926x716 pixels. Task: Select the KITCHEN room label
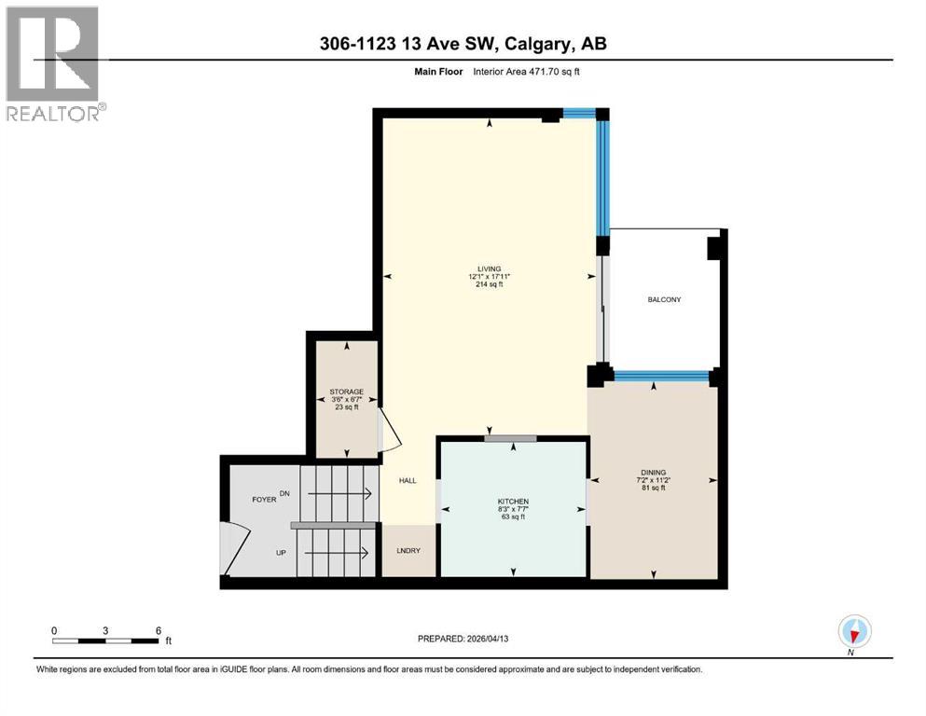tap(512, 502)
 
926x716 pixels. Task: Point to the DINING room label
tap(653, 472)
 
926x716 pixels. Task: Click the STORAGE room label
tap(346, 392)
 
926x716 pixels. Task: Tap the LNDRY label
tap(408, 550)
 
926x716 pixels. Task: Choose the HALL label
tap(408, 481)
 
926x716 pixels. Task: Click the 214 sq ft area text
tap(490, 285)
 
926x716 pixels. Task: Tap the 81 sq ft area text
tap(653, 489)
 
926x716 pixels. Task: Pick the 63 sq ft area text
tap(512, 517)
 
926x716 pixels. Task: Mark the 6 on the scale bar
tap(159, 630)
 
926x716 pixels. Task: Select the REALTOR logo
tap(54, 63)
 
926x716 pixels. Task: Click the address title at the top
tap(463, 44)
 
